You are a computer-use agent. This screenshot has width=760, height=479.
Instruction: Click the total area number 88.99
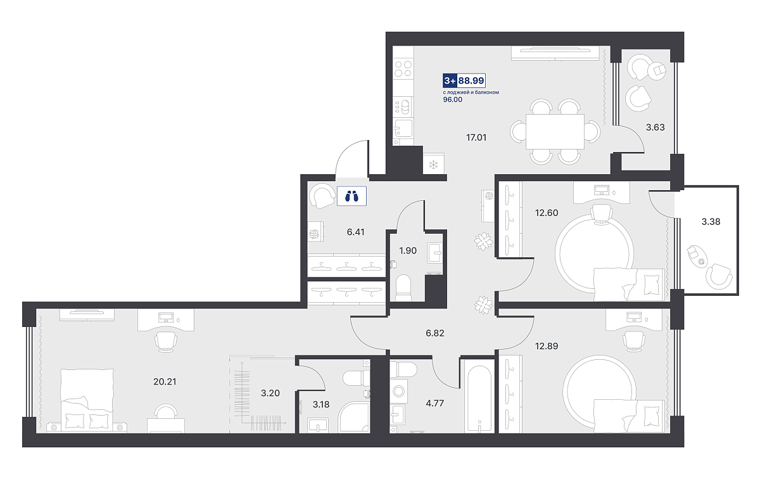pos(471,80)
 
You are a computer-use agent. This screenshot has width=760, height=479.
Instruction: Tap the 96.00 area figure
pos(453,99)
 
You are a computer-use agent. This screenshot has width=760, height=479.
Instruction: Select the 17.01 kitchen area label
pos(476,137)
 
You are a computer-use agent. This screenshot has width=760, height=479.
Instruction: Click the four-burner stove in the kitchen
pos(403,68)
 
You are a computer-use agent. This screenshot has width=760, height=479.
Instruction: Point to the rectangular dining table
pos(555,131)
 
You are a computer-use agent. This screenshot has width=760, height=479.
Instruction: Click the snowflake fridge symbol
pos(433,165)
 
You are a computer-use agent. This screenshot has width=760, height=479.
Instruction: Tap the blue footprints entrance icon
pos(351,196)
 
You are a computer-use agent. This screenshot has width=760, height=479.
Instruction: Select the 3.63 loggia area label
pos(655,127)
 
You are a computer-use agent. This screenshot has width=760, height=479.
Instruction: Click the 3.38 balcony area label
pos(711,222)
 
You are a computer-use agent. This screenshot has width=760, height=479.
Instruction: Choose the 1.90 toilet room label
pos(408,250)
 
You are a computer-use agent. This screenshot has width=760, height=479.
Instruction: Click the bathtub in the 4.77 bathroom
pos(479,399)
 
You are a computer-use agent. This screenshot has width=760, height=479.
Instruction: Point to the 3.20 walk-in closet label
pos(270,393)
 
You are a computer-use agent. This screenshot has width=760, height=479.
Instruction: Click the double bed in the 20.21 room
pos(87,400)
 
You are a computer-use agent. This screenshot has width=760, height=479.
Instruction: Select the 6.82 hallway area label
pos(435,333)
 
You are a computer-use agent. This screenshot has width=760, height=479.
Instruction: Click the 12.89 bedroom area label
pos(547,346)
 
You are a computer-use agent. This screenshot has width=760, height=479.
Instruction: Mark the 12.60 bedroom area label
pos(547,213)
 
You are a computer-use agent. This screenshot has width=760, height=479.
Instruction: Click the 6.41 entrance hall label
pos(355,232)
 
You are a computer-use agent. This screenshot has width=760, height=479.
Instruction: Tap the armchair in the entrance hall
pos(322,196)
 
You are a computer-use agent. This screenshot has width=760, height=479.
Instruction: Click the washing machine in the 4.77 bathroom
pos(398,391)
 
